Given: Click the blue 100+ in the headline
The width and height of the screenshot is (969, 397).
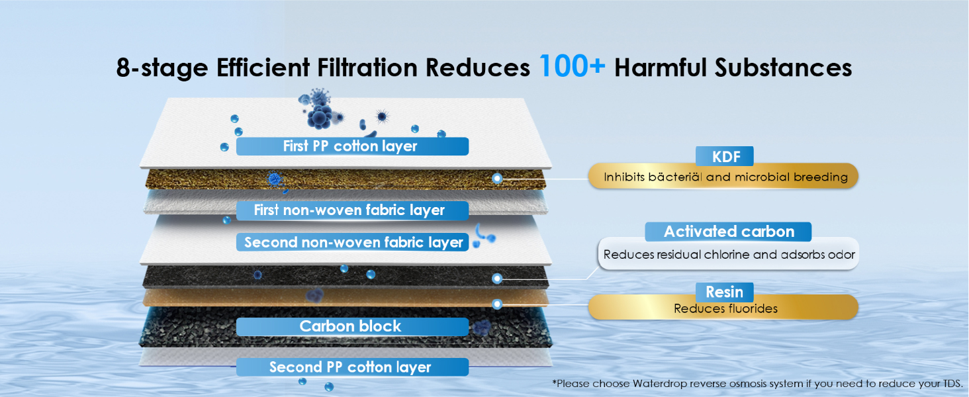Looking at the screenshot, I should click(572, 66).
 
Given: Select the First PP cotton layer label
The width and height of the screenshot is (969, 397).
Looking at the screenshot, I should click(351, 146).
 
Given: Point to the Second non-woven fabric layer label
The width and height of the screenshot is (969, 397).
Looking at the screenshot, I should click(353, 242).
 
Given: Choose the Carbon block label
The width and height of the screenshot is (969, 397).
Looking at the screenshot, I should click(351, 326).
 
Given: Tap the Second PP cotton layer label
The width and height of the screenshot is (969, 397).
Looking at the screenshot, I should click(351, 367).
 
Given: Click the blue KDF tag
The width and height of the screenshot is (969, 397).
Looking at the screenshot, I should click(724, 157).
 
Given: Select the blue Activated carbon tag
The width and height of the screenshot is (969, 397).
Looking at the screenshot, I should click(729, 232).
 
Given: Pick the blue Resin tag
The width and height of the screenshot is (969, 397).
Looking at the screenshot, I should click(724, 292).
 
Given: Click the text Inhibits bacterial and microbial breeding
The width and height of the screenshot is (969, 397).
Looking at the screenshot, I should click(725, 177).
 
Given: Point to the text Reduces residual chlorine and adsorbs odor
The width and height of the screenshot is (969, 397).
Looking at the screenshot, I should click(729, 255).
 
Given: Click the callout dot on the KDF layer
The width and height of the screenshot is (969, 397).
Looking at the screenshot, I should click(497, 178).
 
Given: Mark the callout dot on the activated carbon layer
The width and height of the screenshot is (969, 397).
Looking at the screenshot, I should click(497, 279).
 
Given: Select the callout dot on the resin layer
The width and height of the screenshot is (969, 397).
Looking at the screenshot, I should click(497, 304).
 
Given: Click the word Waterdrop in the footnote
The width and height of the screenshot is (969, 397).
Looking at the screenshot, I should click(661, 383).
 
